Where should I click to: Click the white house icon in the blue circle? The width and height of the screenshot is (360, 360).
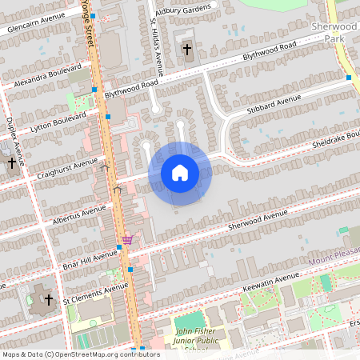180,173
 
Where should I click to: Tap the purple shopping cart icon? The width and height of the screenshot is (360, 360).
127,239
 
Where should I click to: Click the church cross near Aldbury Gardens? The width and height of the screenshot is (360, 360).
187,50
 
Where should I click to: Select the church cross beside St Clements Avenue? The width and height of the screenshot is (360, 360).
48,299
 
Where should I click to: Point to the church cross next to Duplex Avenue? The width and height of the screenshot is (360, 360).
11,162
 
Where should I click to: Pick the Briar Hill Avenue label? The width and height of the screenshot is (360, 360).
89,258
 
